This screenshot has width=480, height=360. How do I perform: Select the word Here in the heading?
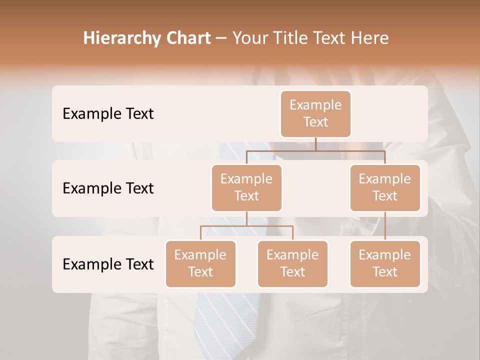(x=370, y=38)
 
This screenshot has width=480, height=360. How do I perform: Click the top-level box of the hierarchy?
(x=315, y=113)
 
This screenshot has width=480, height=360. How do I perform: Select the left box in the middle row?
(x=246, y=187)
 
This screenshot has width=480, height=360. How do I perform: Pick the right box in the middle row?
(x=385, y=187)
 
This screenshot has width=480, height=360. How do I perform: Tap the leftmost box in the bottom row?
(x=200, y=263)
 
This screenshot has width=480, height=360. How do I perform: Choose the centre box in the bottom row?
(x=292, y=263)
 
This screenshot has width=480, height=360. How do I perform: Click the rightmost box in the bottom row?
(x=385, y=263)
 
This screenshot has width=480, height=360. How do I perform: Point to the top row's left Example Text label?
(x=108, y=114)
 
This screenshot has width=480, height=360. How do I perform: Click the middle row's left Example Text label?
(x=108, y=188)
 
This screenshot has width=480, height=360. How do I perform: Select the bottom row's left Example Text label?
(x=108, y=264)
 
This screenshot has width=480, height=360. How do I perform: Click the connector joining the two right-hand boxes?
(x=385, y=226)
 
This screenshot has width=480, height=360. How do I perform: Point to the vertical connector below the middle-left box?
(x=246, y=218)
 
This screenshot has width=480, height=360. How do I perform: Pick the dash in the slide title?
(x=221, y=38)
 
